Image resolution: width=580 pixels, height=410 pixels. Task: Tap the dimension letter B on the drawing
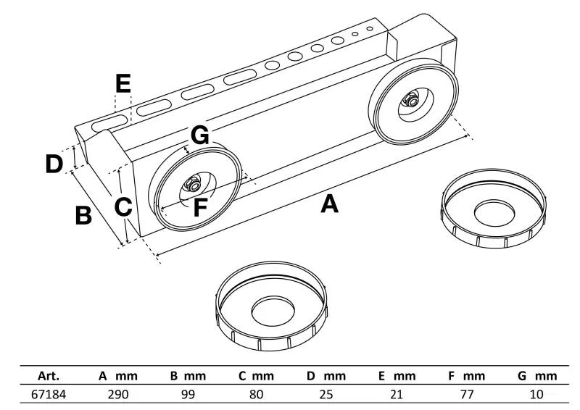pyautogui.click(x=83, y=215)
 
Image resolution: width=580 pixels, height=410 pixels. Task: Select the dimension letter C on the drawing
pyautogui.click(x=123, y=207)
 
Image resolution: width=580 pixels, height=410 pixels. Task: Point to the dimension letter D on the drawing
pyautogui.click(x=54, y=164)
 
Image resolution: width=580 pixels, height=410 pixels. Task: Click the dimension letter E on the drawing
pyautogui.click(x=123, y=84)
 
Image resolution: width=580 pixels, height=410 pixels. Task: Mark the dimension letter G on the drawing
pyautogui.click(x=200, y=135)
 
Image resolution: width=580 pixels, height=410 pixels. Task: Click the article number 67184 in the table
pyautogui.click(x=49, y=395)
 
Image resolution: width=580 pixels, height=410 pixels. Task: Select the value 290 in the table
pyautogui.click(x=117, y=395)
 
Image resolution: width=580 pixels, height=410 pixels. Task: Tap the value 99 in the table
pyautogui.click(x=188, y=395)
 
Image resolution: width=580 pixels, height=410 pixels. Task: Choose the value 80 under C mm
pyautogui.click(x=256, y=395)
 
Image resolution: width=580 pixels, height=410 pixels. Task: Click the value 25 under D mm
pyautogui.click(x=326, y=395)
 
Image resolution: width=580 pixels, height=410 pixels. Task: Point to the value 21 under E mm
pyautogui.click(x=396, y=395)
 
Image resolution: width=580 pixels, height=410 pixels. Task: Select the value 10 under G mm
pyautogui.click(x=536, y=395)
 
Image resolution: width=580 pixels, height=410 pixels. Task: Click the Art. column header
pyautogui.click(x=48, y=376)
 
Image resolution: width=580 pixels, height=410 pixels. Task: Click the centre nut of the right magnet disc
pyautogui.click(x=410, y=101)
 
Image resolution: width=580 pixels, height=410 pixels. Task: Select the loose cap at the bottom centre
pyautogui.click(x=273, y=311)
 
